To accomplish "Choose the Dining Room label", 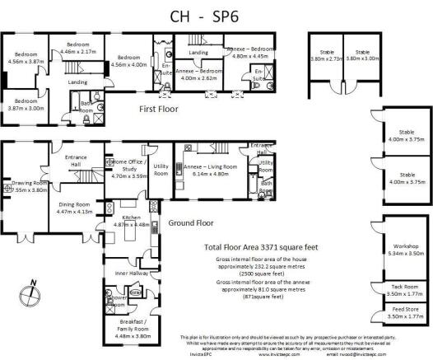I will tap(74, 207).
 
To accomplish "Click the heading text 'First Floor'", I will tap(159, 109).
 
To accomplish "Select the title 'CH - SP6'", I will tap(216, 16).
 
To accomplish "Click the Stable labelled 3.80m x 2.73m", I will tap(325, 55).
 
